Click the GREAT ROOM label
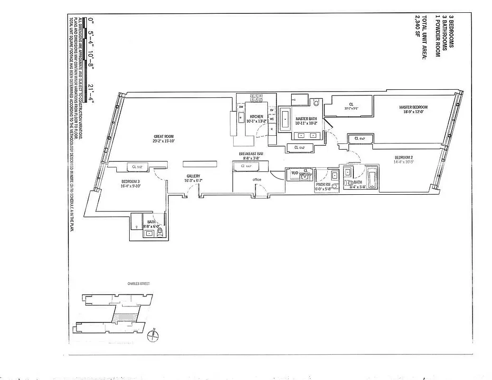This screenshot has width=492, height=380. point(163,136)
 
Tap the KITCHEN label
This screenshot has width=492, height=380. point(256,117)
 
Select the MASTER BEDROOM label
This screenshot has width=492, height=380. point(413,107)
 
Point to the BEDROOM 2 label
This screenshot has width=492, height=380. point(404,157)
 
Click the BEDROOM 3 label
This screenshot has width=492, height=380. point(131,181)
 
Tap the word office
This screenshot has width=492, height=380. point(257,180)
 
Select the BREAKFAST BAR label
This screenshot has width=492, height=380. point(252,154)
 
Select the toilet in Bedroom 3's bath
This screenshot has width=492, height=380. point(159,232)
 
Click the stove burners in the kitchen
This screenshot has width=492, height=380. point(256,98)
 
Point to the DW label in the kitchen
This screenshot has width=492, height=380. point(241,107)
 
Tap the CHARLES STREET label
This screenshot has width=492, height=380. point(138,284)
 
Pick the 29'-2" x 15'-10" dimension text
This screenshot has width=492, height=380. point(163,141)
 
